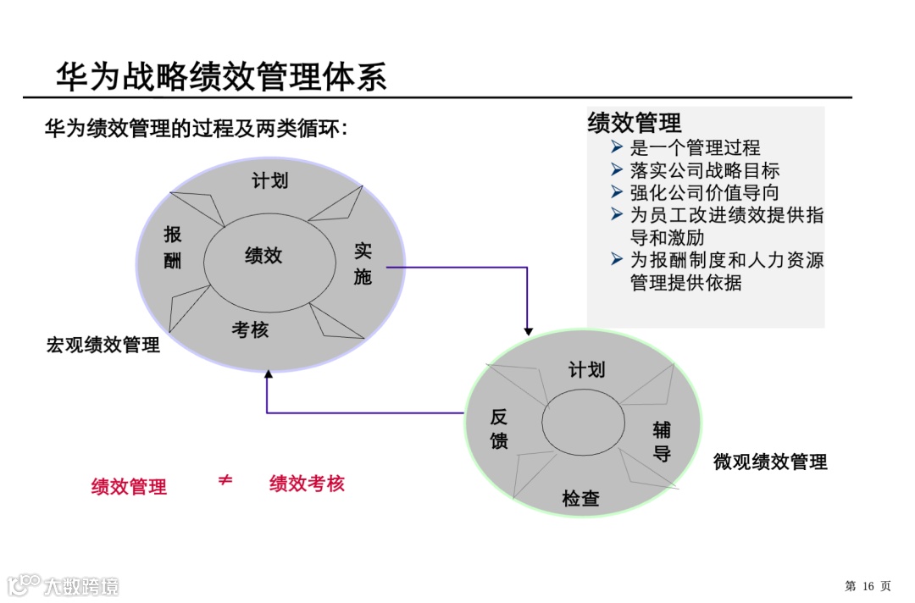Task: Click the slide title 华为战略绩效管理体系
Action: tap(221, 76)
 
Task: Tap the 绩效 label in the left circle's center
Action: tap(263, 256)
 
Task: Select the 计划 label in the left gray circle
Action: tap(270, 180)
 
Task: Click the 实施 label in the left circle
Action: tap(363, 263)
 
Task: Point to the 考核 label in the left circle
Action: tap(250, 330)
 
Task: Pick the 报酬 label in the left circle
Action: tap(173, 247)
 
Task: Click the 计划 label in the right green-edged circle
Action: tap(586, 370)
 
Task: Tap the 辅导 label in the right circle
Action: tap(662, 441)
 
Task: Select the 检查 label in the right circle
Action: tap(580, 499)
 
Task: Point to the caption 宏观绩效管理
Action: tap(103, 346)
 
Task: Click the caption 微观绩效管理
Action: tap(770, 462)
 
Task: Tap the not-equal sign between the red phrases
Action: tap(225, 481)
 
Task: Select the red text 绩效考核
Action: tap(307, 484)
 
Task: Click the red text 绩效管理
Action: tap(129, 487)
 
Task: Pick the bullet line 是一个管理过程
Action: tap(695, 148)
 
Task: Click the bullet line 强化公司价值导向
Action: tap(704, 193)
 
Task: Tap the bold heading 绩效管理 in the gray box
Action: tap(635, 123)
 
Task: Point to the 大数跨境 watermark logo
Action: tap(64, 585)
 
